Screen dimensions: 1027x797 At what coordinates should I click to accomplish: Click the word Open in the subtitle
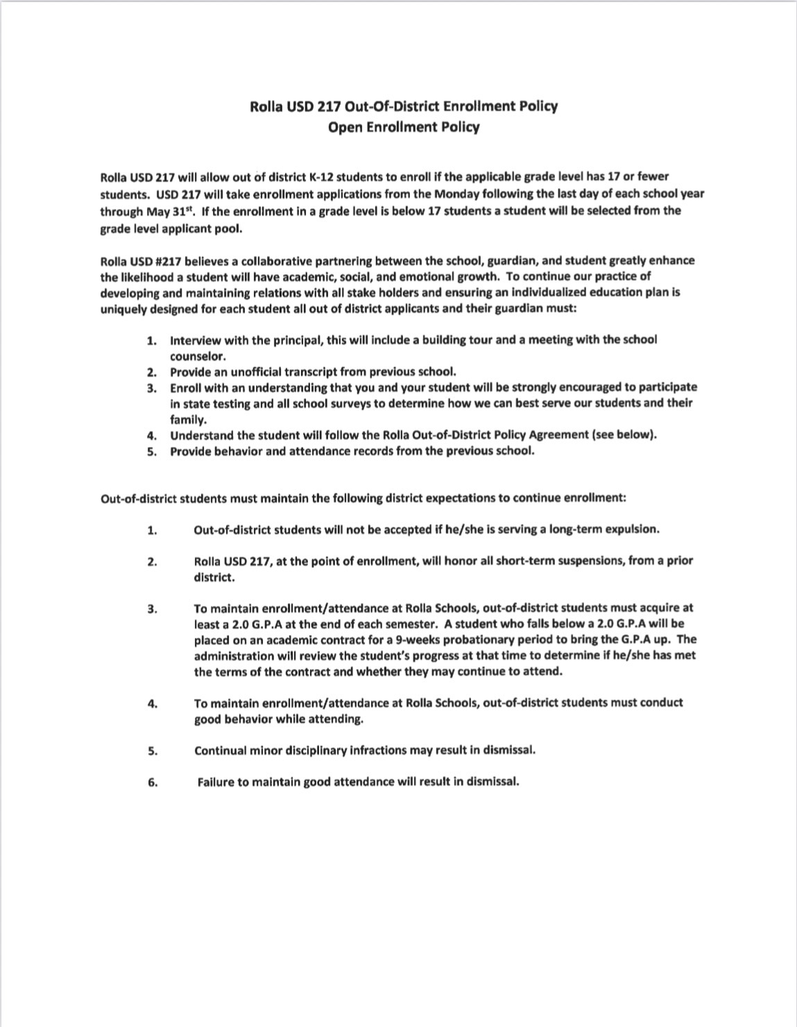tap(345, 128)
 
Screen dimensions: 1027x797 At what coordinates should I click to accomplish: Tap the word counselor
tap(198, 357)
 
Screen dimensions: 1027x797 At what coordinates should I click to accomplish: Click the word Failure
tap(218, 782)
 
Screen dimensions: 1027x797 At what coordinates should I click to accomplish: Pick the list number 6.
tap(152, 783)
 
